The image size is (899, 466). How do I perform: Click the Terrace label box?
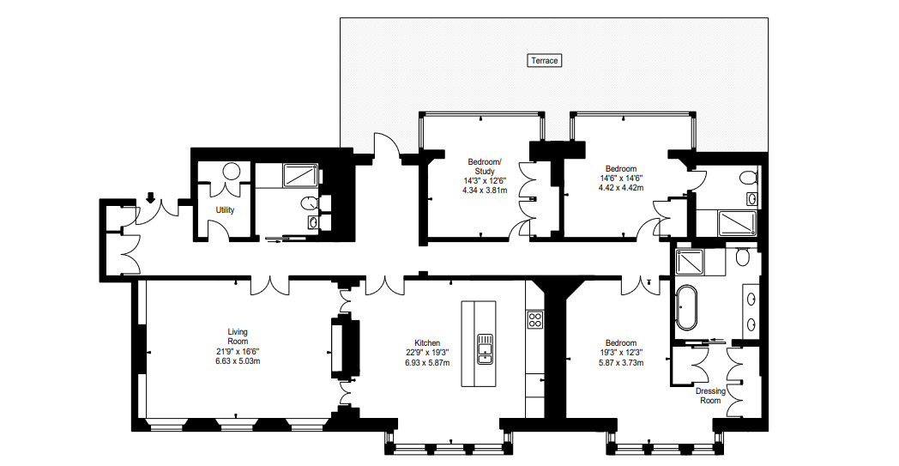[544, 60]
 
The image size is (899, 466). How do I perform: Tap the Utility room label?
[225, 210]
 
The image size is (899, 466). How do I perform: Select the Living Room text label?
[238, 336]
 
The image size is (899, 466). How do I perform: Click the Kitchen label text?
[427, 343]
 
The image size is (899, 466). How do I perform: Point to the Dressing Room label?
[710, 396]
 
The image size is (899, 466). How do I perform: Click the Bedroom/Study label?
[485, 166]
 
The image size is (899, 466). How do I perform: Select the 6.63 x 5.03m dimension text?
[238, 361]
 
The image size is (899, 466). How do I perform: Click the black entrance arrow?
[150, 198]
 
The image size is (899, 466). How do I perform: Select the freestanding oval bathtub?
[685, 309]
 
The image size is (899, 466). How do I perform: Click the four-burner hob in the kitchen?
[535, 319]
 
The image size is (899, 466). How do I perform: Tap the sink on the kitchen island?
[485, 350]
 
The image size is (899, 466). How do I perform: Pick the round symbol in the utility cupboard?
[232, 172]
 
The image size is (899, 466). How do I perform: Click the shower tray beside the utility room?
[300, 175]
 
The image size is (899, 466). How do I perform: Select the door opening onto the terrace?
[386, 145]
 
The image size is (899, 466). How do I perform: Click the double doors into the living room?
[269, 286]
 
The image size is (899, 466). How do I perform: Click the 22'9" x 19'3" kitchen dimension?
[427, 353]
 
